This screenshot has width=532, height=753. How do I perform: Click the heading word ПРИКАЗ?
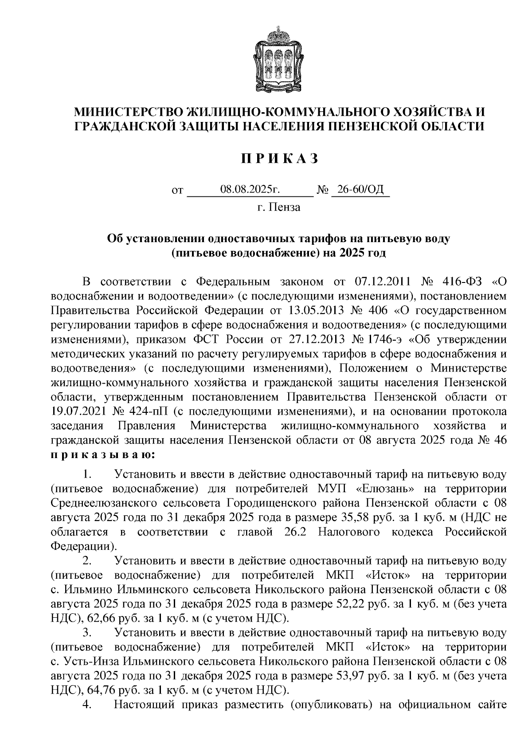(x=279, y=159)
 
